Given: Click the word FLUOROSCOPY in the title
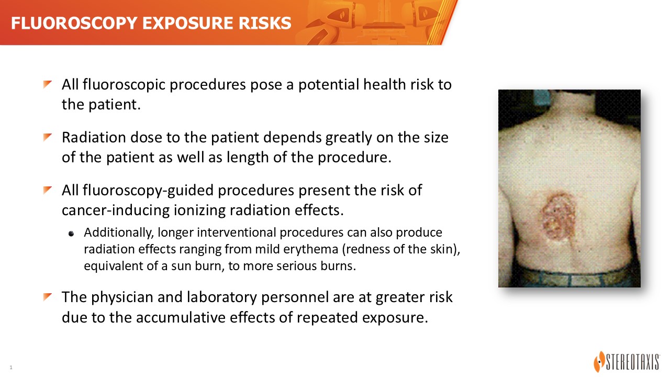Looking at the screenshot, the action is coord(74,24).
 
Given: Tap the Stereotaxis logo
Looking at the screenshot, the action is coord(627,361).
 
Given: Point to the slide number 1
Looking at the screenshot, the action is coord(11,367).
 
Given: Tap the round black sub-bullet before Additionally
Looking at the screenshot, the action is coord(71,234).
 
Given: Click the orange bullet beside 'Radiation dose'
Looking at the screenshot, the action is coord(48,137).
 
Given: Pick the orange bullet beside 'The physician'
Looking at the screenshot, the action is coord(48,297).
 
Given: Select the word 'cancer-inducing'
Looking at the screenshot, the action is coord(116,210).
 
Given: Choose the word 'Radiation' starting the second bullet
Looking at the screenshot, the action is coord(94,138).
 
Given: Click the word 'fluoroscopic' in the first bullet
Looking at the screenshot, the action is coord(124,85).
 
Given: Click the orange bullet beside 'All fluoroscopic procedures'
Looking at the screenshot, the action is coord(48,85).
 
